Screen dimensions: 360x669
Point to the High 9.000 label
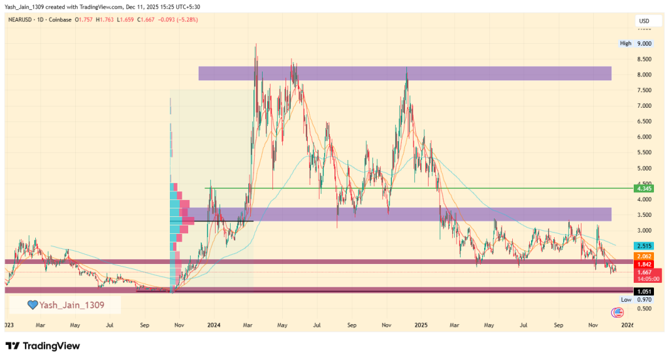pyautogui.click(x=636, y=43)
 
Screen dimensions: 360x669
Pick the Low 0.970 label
pyautogui.click(x=636, y=299)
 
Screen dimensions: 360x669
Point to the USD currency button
pyautogui.click(x=643, y=22)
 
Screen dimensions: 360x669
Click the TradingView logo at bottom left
pyautogui.click(x=43, y=346)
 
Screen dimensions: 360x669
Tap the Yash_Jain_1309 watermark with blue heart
pyautogui.click(x=65, y=304)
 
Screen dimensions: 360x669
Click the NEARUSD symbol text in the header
pyautogui.click(x=21, y=20)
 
